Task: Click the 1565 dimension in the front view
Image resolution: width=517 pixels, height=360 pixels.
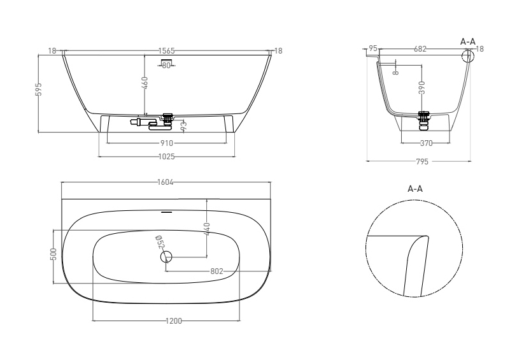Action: tap(167, 51)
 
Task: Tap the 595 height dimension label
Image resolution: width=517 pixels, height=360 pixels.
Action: tap(39, 89)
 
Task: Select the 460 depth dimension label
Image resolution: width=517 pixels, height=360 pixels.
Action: tap(145, 83)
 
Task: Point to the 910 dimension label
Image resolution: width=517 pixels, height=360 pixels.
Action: tap(167, 143)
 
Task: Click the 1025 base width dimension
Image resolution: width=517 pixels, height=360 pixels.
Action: tap(167, 156)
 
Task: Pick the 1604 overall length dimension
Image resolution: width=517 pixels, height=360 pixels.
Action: tap(166, 182)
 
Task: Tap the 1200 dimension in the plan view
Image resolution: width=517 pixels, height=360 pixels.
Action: tap(173, 320)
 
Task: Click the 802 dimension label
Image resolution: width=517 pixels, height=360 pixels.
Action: tap(216, 271)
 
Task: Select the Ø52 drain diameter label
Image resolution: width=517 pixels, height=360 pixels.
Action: tap(160, 242)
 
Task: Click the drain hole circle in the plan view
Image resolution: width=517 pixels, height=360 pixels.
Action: tap(167, 256)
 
